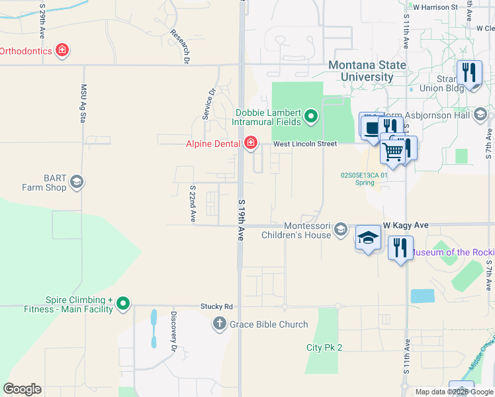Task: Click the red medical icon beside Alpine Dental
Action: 250,143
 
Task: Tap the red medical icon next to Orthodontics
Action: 62,50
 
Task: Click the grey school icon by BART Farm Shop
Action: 77,182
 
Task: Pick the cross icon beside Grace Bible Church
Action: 220,324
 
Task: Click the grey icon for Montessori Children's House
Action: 340,230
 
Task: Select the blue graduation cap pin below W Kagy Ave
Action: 369,238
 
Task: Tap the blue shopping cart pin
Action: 393,152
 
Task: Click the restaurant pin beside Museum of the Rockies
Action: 400,248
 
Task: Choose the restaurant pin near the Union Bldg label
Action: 469,73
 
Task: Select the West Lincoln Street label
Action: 305,144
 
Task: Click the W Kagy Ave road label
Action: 405,226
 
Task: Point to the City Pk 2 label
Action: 324,347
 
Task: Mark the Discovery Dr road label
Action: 174,331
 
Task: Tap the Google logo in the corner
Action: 22,389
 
